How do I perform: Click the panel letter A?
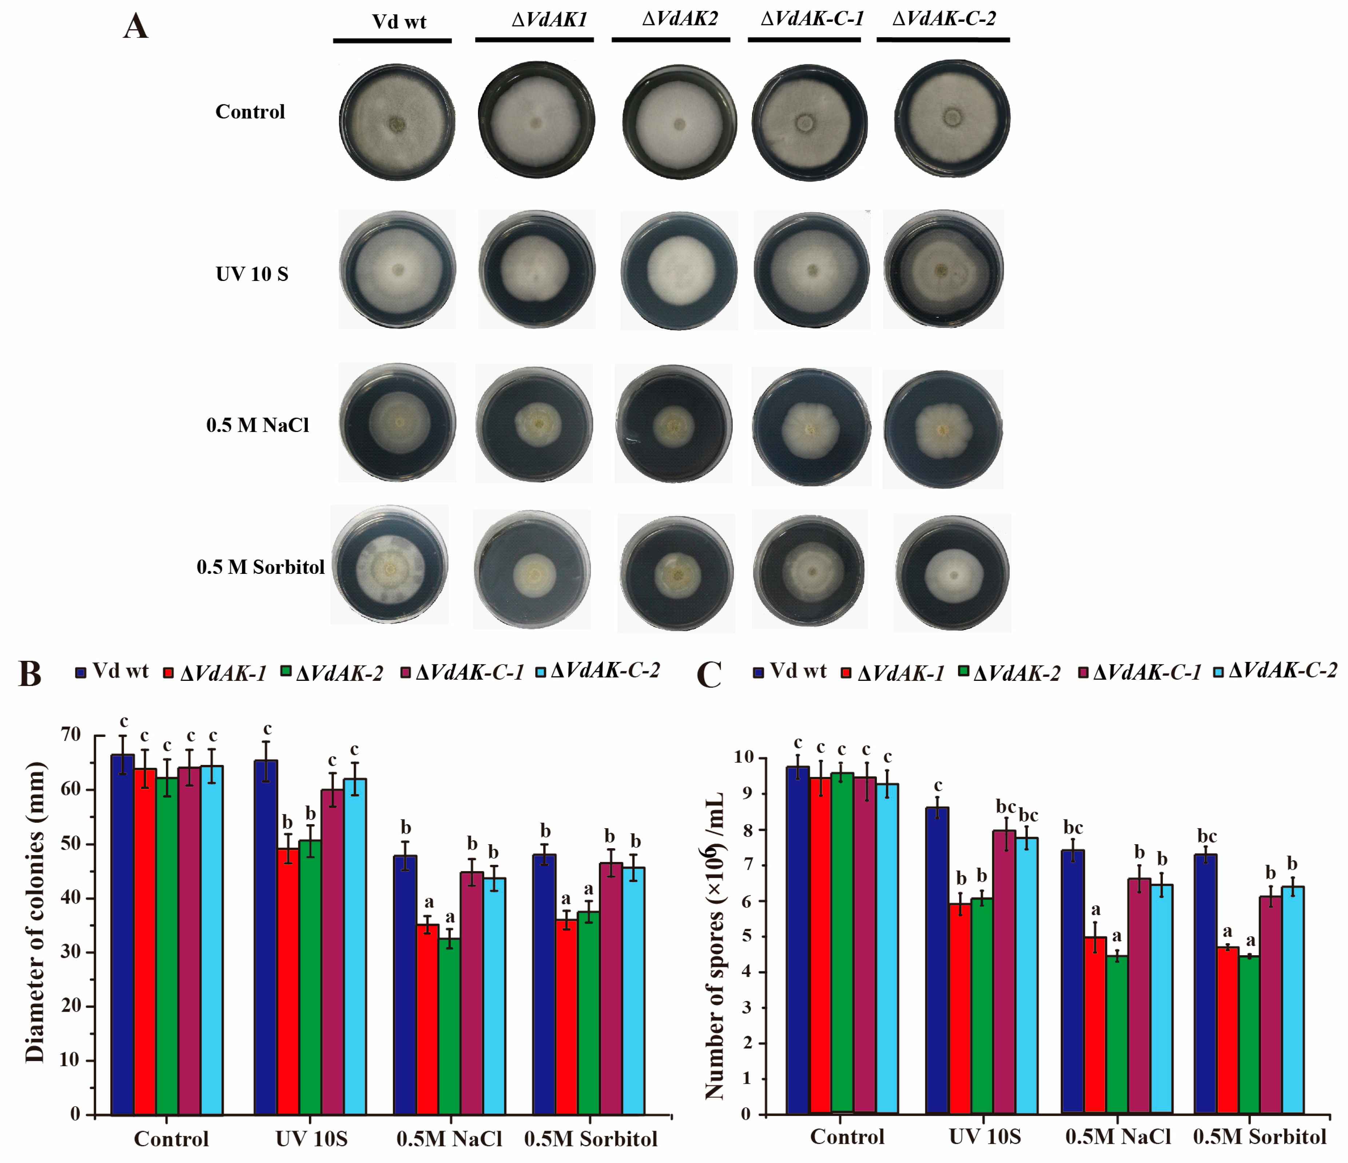coord(135,27)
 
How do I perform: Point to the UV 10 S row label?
coord(252,274)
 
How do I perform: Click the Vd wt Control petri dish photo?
coord(397,122)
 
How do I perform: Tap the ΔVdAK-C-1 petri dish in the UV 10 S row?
coord(811,269)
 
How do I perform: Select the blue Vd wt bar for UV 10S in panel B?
coord(266,937)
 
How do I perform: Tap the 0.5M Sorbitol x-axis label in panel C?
coord(1259,1136)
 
